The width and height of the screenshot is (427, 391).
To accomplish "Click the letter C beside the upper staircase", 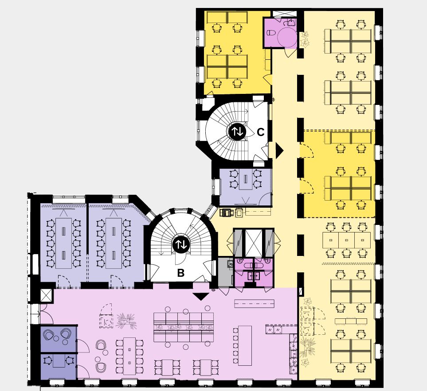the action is pos(261,132).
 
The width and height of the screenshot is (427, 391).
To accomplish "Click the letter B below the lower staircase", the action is pos(181,273).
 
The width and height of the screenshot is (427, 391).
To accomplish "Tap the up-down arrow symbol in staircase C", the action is pos(237,132).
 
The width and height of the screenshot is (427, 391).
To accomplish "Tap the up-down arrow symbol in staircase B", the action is pos(181,244).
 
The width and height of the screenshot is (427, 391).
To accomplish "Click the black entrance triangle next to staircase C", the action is pos(279,151).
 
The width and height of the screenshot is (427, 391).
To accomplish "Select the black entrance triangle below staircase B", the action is pos(201,296).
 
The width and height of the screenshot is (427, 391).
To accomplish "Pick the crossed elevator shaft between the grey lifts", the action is pos(254,243).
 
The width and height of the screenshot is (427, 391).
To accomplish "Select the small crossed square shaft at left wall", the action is pos(46,295).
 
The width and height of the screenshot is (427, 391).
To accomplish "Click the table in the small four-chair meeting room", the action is pos(246,179).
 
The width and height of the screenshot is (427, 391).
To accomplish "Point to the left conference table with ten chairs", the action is pos(63,243).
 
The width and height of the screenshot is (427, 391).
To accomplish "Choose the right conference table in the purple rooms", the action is pos(114,243).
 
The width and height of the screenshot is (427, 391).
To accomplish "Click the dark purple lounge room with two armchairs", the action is pos(58,338).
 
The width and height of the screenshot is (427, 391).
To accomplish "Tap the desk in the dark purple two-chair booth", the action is pos(59,361).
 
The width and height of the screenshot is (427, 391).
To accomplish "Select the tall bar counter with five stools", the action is pos(245,345).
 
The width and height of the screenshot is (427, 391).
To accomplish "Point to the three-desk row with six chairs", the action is pos(346,240).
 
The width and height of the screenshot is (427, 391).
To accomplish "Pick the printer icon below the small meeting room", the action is pos(226,213).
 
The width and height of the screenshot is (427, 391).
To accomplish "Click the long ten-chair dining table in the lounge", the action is pos(129,356).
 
